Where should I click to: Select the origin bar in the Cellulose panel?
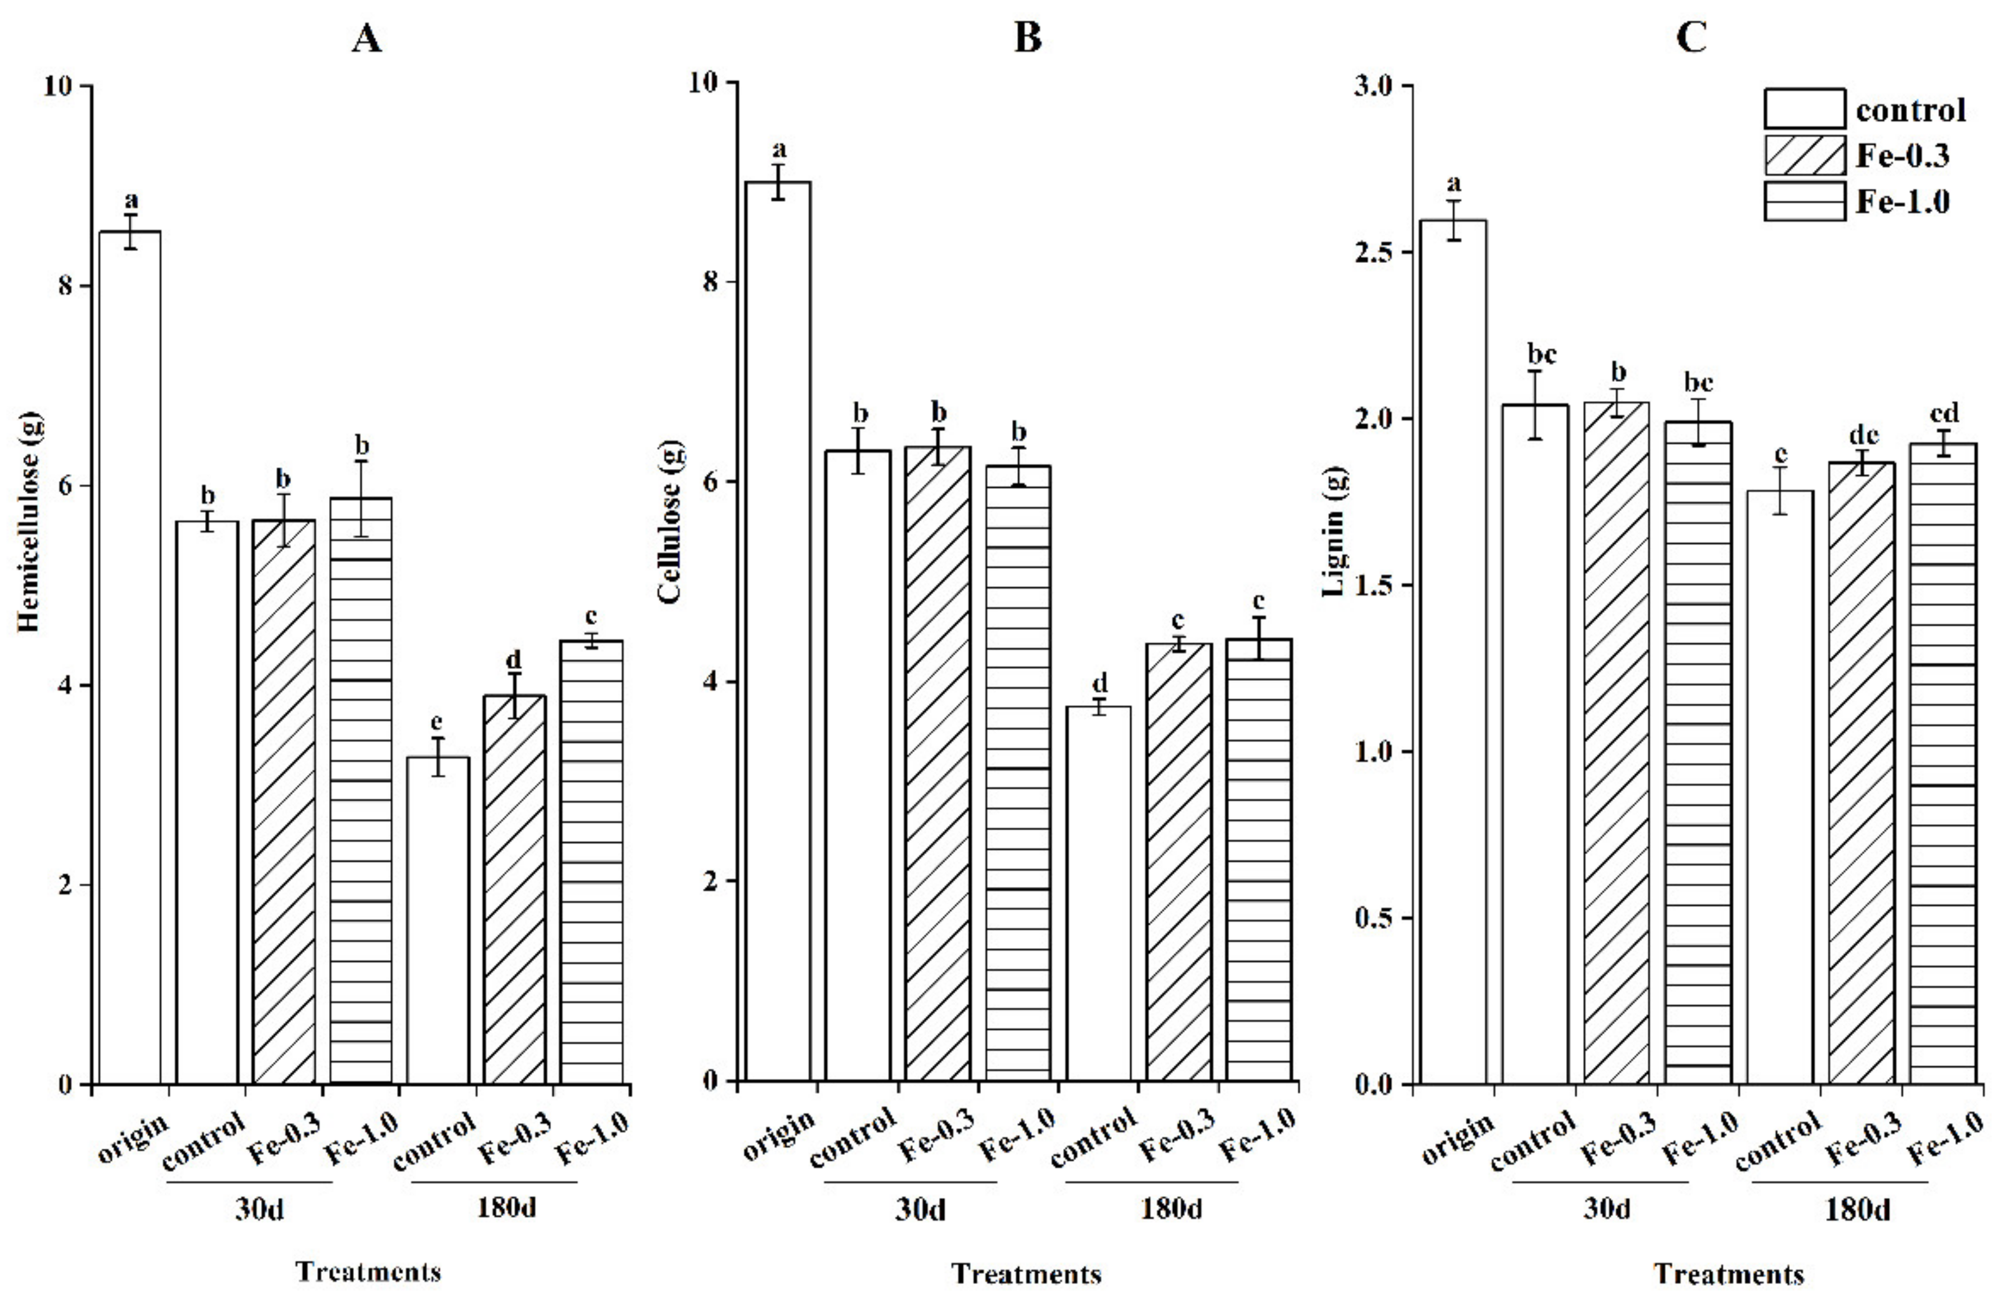(x=779, y=633)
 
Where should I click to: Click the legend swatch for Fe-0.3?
(x=1804, y=155)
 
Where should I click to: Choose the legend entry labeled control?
(x=1910, y=110)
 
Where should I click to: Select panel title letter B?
(x=1027, y=39)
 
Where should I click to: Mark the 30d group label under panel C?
(x=1605, y=1209)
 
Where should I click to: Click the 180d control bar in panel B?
(x=1099, y=894)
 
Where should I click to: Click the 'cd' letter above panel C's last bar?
(x=1944, y=414)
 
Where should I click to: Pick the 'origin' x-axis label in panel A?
(x=134, y=1139)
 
